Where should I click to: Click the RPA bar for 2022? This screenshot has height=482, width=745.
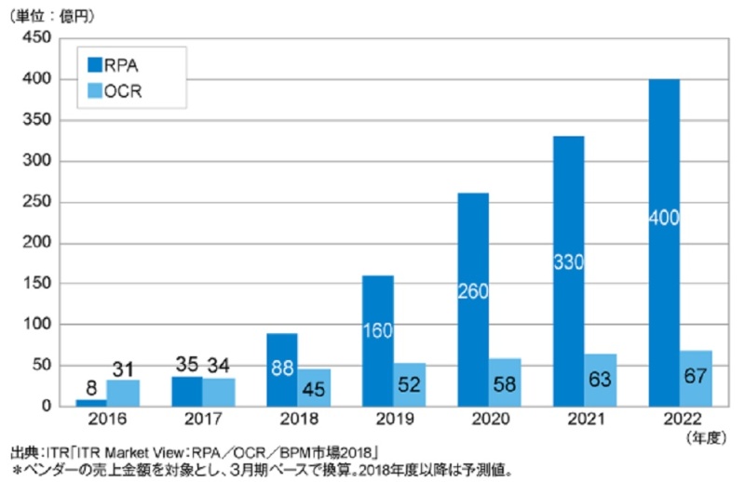point(663,242)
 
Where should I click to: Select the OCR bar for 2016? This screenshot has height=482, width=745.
point(124,393)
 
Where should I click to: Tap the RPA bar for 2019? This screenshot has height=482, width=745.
point(377,341)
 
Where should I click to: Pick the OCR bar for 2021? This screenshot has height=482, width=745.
point(601,380)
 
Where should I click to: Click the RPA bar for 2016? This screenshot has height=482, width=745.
point(91,402)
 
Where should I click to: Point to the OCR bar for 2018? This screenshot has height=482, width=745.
point(314,387)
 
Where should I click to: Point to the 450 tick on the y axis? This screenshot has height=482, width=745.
point(38,38)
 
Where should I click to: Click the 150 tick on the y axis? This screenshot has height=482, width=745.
point(38,284)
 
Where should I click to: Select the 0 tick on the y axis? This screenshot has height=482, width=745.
point(46,407)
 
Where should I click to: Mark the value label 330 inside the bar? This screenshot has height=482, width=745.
point(568,261)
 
